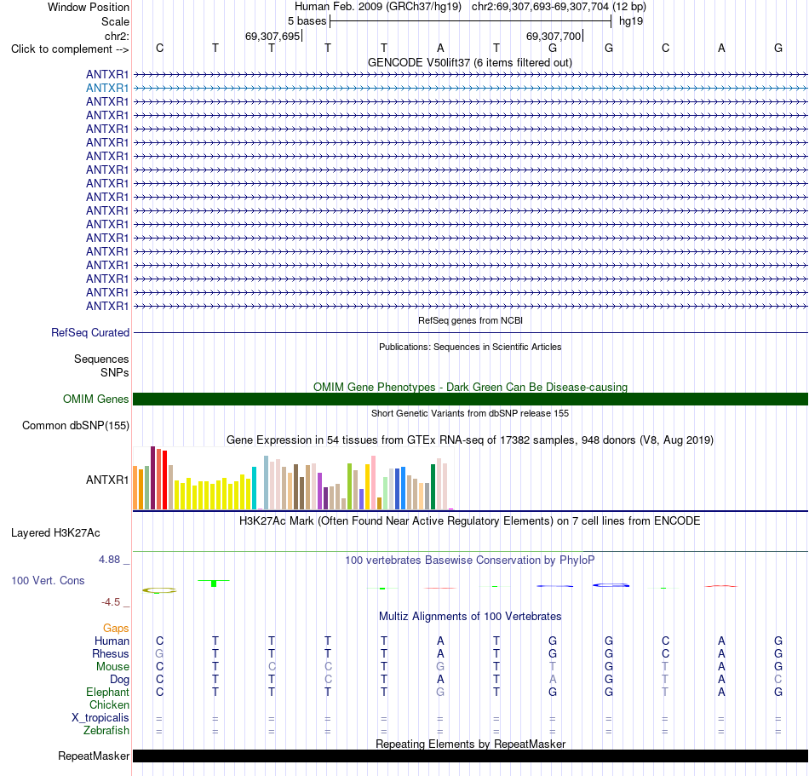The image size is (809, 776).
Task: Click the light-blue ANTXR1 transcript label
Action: (107, 89)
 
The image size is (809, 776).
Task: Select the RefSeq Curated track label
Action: (90, 333)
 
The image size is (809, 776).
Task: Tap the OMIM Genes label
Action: (96, 399)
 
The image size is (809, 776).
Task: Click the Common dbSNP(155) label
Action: (76, 426)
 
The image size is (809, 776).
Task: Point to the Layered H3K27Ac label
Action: (55, 533)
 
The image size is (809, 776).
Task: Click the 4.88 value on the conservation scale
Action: (109, 560)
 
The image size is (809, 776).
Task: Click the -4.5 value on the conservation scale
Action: (111, 602)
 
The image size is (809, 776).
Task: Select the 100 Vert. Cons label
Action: (48, 580)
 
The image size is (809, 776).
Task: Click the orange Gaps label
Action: (116, 628)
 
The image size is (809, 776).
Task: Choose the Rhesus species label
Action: (111, 653)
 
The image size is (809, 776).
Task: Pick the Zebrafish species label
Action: (106, 731)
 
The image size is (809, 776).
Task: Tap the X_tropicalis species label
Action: (100, 718)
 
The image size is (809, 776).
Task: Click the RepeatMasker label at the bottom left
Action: (94, 756)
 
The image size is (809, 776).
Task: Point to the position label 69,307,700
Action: (554, 36)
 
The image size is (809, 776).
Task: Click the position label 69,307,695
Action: (273, 36)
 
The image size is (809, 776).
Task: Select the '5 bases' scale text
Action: (307, 21)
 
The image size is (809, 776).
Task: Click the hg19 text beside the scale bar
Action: (631, 21)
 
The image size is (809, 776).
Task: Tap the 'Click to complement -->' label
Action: (70, 49)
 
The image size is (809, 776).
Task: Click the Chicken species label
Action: (109, 704)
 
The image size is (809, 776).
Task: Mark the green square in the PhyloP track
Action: (214, 583)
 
